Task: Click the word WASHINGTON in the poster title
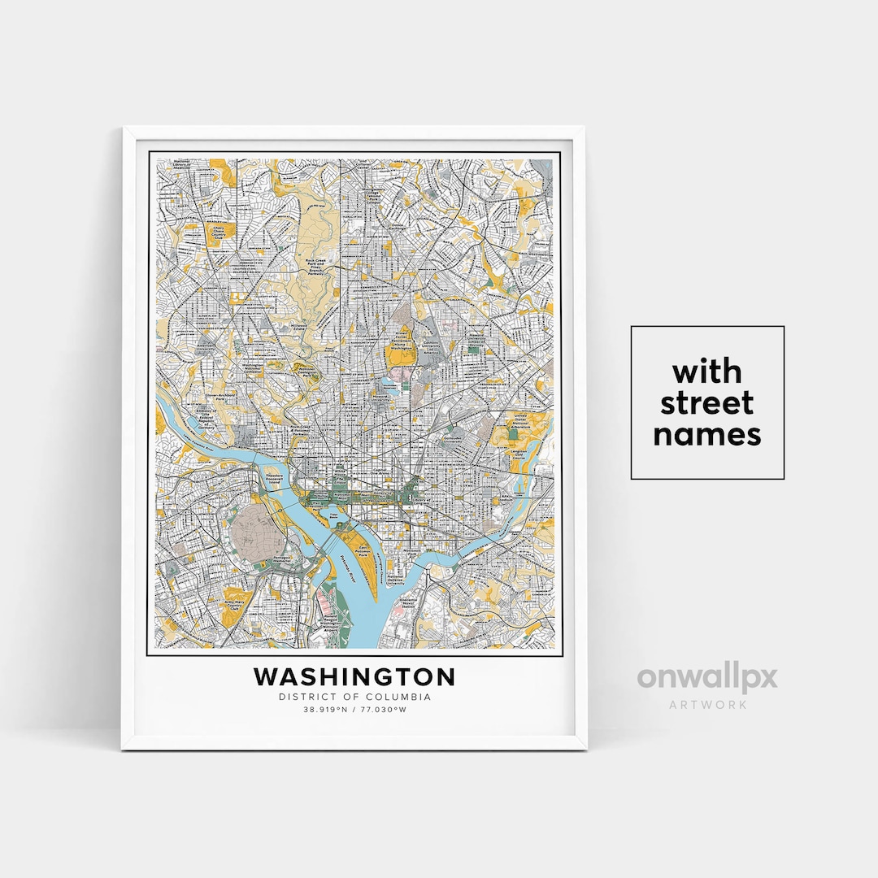(354, 677)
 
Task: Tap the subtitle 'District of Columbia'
(354, 697)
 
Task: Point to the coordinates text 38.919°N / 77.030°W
(354, 710)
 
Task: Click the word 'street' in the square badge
(706, 403)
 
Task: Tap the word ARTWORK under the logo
(706, 704)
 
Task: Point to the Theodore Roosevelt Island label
(275, 480)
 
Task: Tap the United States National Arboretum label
(520, 423)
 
